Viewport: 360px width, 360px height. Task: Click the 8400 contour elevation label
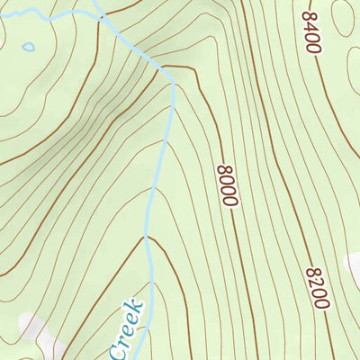[x=312, y=32]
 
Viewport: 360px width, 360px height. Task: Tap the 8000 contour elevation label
[x=227, y=185]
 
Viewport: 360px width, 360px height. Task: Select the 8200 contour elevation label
[x=318, y=287]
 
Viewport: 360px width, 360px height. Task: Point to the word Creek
[x=127, y=329]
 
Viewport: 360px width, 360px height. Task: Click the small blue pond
[x=29, y=46]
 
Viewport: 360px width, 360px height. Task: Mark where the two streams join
[x=103, y=16]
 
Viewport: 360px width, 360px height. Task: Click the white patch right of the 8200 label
[x=353, y=265]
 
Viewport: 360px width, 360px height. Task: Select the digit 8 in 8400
[x=310, y=15]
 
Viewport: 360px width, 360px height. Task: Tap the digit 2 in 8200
[x=317, y=282]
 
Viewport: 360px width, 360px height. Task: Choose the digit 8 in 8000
[x=225, y=168]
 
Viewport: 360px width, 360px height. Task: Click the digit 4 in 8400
[x=311, y=26]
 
